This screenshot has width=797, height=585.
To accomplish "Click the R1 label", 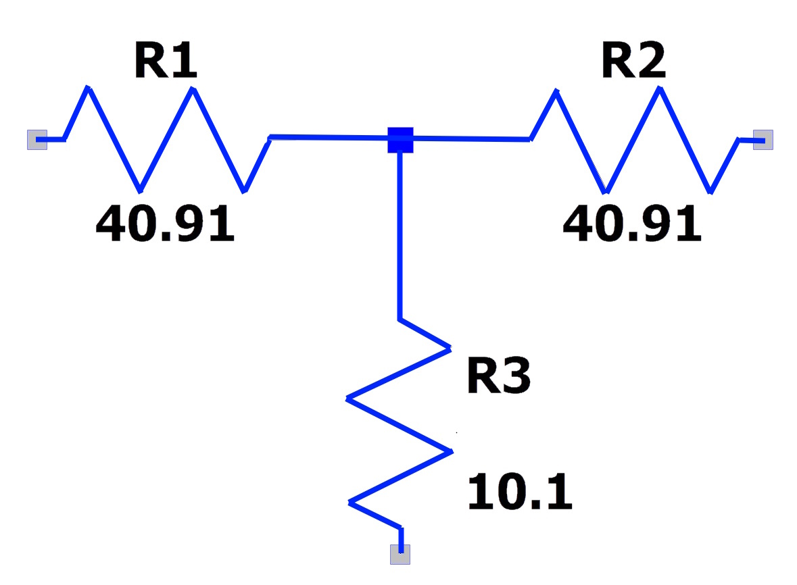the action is tap(166, 60).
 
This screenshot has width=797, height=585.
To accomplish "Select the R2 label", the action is tap(633, 60).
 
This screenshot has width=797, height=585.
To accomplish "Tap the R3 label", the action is tap(499, 376).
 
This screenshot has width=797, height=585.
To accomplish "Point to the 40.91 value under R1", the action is tap(165, 223).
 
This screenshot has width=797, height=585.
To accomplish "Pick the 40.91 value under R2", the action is tap(632, 223).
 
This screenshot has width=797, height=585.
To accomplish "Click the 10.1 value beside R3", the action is tap(520, 492).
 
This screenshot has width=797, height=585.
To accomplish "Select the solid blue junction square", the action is tap(401, 140).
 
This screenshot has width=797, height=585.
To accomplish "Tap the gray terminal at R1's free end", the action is tap(37, 140).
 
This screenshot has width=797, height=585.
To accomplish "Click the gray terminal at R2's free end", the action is tap(763, 140).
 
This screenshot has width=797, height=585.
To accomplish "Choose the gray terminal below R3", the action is tap(400, 554).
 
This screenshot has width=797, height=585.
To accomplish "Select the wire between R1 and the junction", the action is tap(329, 138).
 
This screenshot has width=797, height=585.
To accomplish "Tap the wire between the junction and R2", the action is tap(472, 138).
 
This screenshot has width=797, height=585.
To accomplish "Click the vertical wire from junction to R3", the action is tap(400, 236).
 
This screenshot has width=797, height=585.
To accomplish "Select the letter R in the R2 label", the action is tap(617, 60).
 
